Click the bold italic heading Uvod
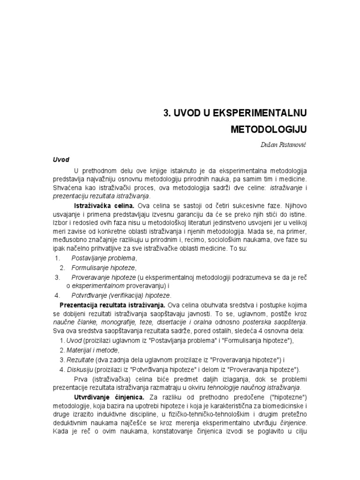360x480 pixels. tap(60, 160)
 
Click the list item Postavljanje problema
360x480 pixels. tap(104, 258)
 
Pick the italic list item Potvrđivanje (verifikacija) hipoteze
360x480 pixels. tap(121, 295)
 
